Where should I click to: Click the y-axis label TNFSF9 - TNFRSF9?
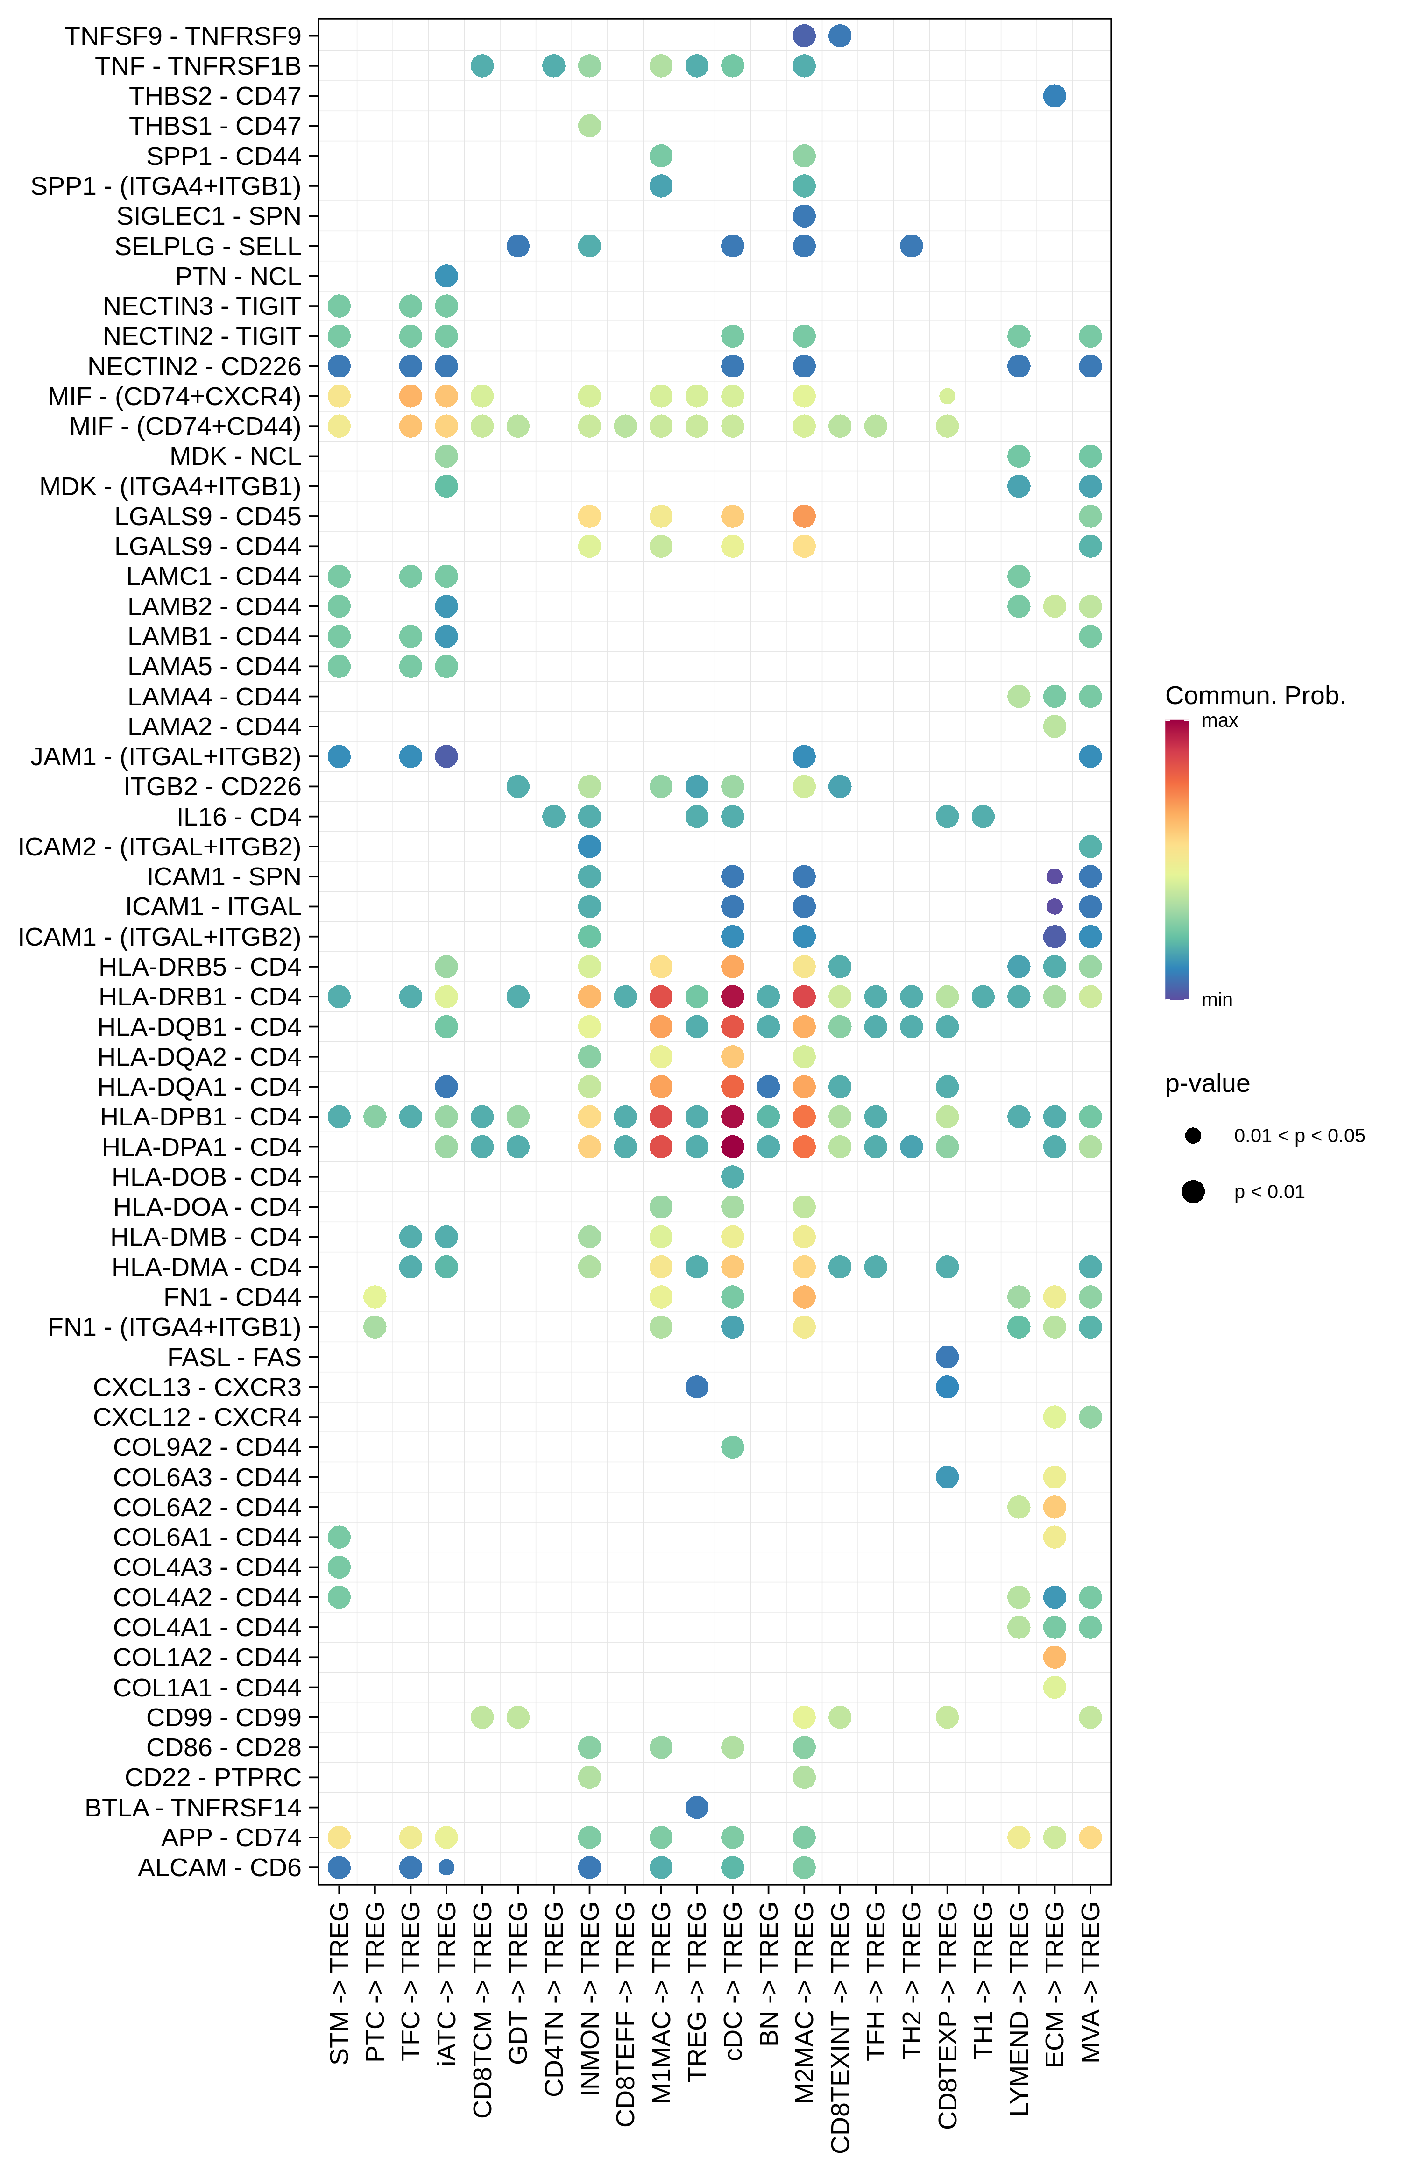pyautogui.click(x=183, y=36)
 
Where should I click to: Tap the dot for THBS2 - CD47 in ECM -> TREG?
pyautogui.click(x=1054, y=96)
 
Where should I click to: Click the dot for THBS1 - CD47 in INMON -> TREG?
pyautogui.click(x=589, y=126)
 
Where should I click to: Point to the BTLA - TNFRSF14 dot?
pyautogui.click(x=697, y=1807)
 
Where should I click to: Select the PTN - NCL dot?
pyautogui.click(x=446, y=276)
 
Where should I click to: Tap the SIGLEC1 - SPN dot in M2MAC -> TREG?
pyautogui.click(x=804, y=216)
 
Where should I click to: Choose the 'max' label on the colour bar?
pyautogui.click(x=1219, y=721)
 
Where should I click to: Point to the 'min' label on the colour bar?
pyautogui.click(x=1217, y=1000)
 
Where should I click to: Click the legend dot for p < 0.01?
pyautogui.click(x=1194, y=1192)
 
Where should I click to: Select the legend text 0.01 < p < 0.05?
pyautogui.click(x=1299, y=1136)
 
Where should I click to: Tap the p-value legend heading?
pyautogui.click(x=1207, y=1084)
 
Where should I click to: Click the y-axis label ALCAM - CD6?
pyautogui.click(x=219, y=1867)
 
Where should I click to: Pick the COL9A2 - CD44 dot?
pyautogui.click(x=732, y=1447)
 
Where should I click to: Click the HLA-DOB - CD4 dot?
pyautogui.click(x=732, y=1176)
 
